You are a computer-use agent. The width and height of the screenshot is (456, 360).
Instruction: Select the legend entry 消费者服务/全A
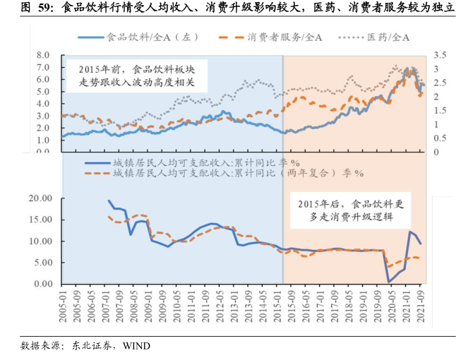pos(276,36)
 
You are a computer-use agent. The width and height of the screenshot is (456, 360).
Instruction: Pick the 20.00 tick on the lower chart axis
pos(39,198)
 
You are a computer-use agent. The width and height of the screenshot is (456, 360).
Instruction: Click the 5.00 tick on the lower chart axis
pos(41,263)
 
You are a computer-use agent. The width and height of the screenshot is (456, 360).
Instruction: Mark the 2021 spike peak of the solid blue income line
pos(410,232)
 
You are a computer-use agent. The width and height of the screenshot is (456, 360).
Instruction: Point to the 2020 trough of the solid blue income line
pos(389,282)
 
